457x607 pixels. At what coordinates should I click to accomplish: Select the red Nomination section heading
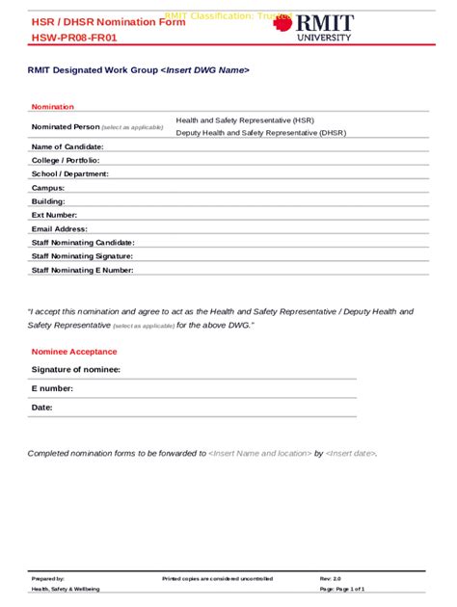53,106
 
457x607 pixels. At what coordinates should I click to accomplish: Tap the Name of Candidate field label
67,146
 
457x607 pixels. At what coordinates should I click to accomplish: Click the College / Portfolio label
66,160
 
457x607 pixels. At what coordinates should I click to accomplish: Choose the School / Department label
70,173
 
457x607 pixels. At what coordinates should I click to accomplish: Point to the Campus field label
48,188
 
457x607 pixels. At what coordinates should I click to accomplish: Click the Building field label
48,201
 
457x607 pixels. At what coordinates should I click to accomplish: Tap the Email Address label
60,229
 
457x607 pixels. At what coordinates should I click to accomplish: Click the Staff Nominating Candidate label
83,243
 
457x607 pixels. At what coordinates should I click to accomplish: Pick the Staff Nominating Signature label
82,256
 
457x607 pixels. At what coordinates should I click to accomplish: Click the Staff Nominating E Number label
82,271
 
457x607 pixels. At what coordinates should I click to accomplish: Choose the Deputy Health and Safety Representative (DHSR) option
260,133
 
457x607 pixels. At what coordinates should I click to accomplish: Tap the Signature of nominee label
76,370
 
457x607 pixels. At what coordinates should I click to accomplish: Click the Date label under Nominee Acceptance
42,408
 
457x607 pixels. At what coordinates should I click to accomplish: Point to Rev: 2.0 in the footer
332,578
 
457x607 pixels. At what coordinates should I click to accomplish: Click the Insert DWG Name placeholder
205,70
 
